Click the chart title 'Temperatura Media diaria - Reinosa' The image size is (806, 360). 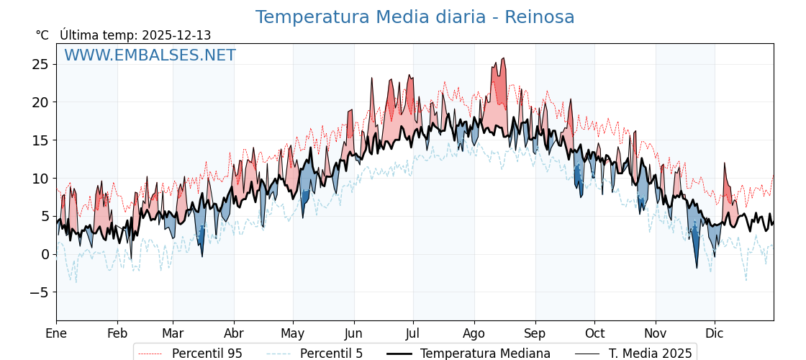click(415, 17)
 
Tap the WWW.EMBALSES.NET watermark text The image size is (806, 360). click(150, 55)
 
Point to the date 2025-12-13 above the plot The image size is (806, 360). click(176, 35)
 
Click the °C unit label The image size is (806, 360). click(42, 35)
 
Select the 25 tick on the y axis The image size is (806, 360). click(40, 64)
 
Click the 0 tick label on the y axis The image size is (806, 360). click(45, 254)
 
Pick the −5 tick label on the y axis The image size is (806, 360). click(39, 292)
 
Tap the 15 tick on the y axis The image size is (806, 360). click(40, 140)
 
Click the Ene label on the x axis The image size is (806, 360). click(56, 333)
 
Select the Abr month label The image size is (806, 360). click(234, 333)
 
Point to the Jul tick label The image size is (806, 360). click(413, 333)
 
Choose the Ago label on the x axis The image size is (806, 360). click(474, 333)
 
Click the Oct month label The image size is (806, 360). click(594, 333)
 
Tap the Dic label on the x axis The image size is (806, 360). click(715, 333)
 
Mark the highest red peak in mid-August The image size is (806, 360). click(503, 59)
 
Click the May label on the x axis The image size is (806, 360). click(293, 333)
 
